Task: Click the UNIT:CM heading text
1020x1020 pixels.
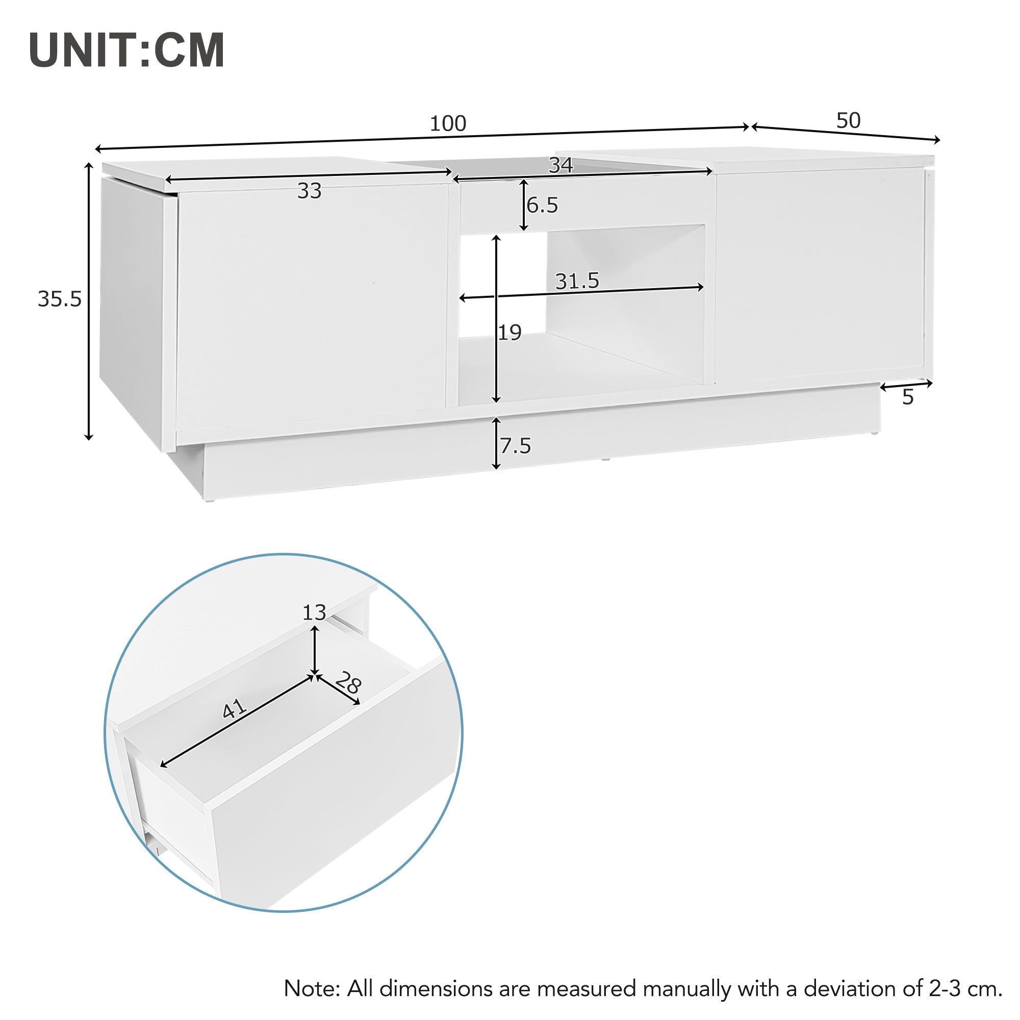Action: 126,50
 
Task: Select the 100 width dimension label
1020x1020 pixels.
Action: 448,123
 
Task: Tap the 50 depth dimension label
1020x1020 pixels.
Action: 849,121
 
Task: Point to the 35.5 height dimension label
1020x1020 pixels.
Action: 60,299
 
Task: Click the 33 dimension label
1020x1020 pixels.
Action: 310,191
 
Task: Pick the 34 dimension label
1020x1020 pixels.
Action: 560,165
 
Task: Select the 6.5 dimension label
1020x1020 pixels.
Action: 542,206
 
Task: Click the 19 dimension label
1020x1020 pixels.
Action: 510,333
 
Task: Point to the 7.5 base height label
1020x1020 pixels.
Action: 516,446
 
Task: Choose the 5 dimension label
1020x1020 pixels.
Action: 908,397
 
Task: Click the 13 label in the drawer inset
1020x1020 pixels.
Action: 314,613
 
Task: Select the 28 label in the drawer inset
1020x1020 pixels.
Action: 348,683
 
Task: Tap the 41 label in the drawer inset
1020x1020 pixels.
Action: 234,708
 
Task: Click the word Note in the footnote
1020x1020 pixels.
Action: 312,988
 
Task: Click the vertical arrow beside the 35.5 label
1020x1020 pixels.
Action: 89,301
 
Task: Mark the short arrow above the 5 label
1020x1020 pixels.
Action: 906,385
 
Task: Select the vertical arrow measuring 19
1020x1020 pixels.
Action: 496,319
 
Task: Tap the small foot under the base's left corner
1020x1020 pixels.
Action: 210,499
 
